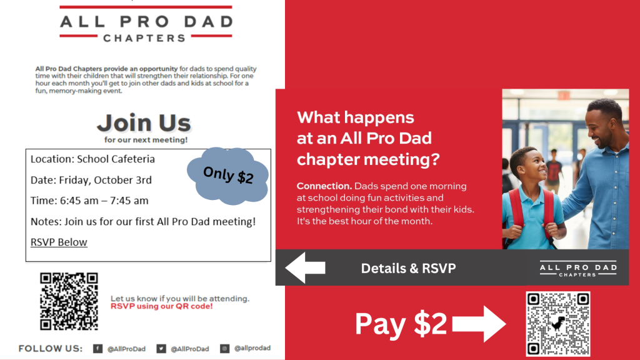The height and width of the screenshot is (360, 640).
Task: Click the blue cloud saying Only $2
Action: point(227,176)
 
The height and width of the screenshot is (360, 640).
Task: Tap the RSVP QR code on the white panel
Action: point(69,301)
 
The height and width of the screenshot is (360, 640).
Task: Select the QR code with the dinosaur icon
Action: point(558,324)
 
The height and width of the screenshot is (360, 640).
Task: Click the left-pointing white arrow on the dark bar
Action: point(305,267)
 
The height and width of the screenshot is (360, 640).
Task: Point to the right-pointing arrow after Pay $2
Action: point(479,324)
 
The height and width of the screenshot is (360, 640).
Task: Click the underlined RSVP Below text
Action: point(59,242)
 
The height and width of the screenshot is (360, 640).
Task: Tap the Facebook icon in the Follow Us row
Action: point(97,349)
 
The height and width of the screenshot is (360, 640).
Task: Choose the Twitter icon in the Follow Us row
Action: point(161,349)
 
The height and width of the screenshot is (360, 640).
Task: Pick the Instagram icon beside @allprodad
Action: point(224,349)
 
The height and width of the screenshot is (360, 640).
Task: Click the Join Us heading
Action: point(144,123)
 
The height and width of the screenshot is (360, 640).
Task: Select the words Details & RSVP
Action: point(408,268)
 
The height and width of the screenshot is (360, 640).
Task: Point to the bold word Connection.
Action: point(324,186)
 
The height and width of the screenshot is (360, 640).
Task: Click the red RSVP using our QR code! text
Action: point(162,306)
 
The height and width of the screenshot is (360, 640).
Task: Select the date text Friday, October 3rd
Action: point(105,180)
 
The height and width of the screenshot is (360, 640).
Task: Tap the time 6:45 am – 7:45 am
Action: point(104,201)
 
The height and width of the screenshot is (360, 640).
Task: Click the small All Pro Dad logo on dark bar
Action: point(578,269)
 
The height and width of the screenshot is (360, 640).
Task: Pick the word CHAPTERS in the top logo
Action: point(144,38)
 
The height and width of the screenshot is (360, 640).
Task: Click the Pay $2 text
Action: point(401,324)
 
